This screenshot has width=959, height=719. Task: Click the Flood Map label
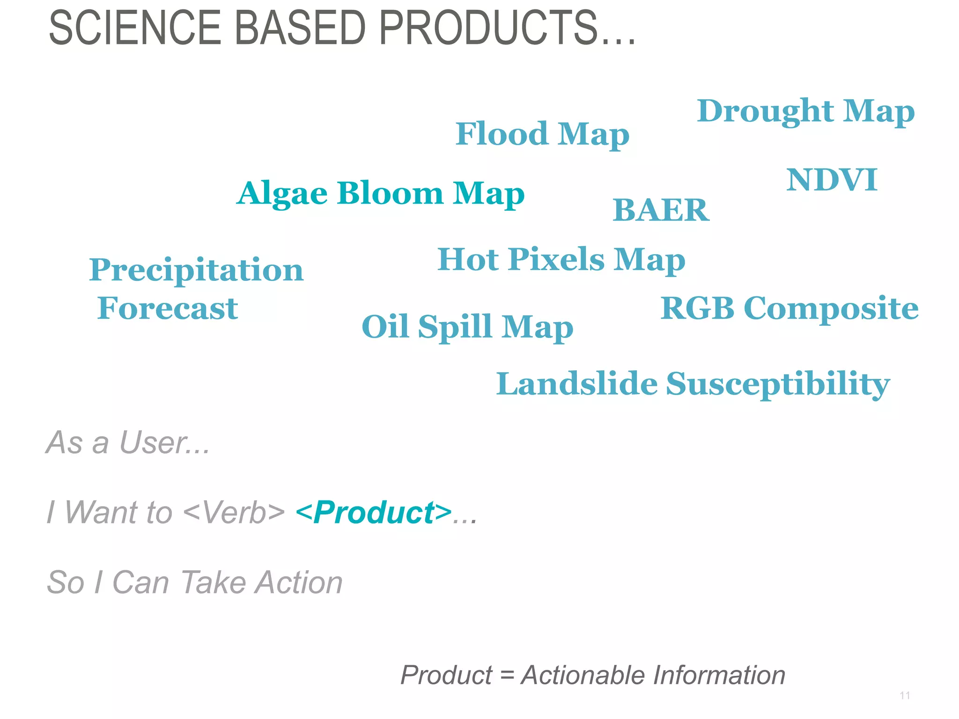542,134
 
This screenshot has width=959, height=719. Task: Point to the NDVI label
832,180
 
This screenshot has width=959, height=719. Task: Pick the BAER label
661,210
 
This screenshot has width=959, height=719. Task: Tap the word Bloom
390,193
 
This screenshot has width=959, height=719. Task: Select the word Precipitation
196,271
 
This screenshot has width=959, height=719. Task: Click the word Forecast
168,308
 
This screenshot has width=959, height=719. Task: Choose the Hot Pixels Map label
561,260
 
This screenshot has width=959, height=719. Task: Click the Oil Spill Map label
467,327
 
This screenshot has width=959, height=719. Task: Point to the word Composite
831,309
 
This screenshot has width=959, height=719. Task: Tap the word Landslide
577,384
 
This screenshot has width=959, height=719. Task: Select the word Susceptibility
777,385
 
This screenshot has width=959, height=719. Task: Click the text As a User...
128,442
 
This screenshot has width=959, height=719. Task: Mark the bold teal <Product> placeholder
374,513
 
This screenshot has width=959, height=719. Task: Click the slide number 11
905,696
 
